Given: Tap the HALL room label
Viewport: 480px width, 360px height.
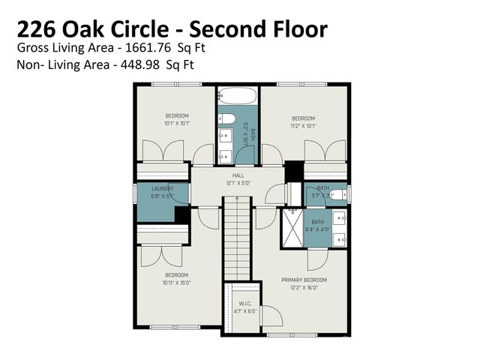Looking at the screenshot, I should [238, 175].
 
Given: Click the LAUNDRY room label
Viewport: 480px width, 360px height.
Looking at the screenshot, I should [162, 188].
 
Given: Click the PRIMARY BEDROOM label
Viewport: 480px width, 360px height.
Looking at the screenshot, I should [304, 280].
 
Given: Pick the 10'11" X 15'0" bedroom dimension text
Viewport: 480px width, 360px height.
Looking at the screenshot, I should [176, 283].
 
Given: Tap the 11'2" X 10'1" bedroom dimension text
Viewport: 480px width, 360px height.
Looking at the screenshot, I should [303, 125].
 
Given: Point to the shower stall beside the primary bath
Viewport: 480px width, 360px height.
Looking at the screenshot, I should [292, 228].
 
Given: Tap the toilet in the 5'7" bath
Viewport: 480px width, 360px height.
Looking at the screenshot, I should [340, 194].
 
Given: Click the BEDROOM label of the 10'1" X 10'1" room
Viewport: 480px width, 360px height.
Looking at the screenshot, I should [176, 115].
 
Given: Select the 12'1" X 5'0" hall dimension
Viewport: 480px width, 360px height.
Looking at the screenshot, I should [238, 182].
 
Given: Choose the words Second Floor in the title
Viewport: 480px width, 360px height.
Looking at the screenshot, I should [259, 29].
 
